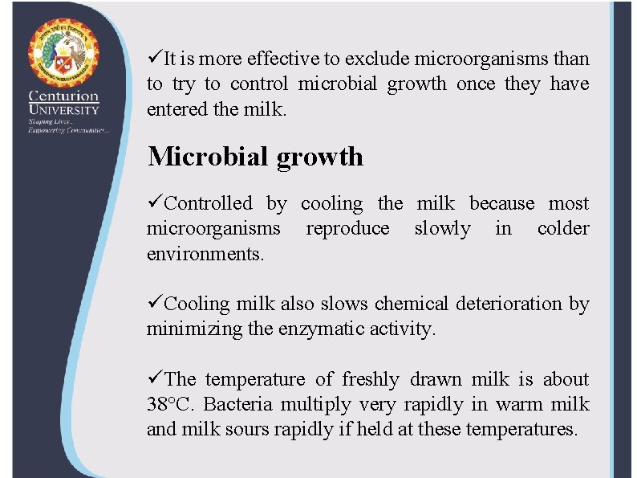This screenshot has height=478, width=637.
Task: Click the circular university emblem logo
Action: (x=63, y=53)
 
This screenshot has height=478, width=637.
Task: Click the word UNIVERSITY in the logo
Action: (x=63, y=110)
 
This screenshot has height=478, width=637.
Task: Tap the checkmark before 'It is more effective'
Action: (x=154, y=59)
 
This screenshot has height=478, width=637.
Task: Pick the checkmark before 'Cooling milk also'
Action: (x=154, y=304)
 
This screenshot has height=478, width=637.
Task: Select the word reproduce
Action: (x=347, y=229)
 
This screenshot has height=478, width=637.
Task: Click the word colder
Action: (x=563, y=229)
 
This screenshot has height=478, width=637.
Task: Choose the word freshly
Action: (x=371, y=379)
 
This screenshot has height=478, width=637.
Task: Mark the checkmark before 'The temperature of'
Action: (x=154, y=379)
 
